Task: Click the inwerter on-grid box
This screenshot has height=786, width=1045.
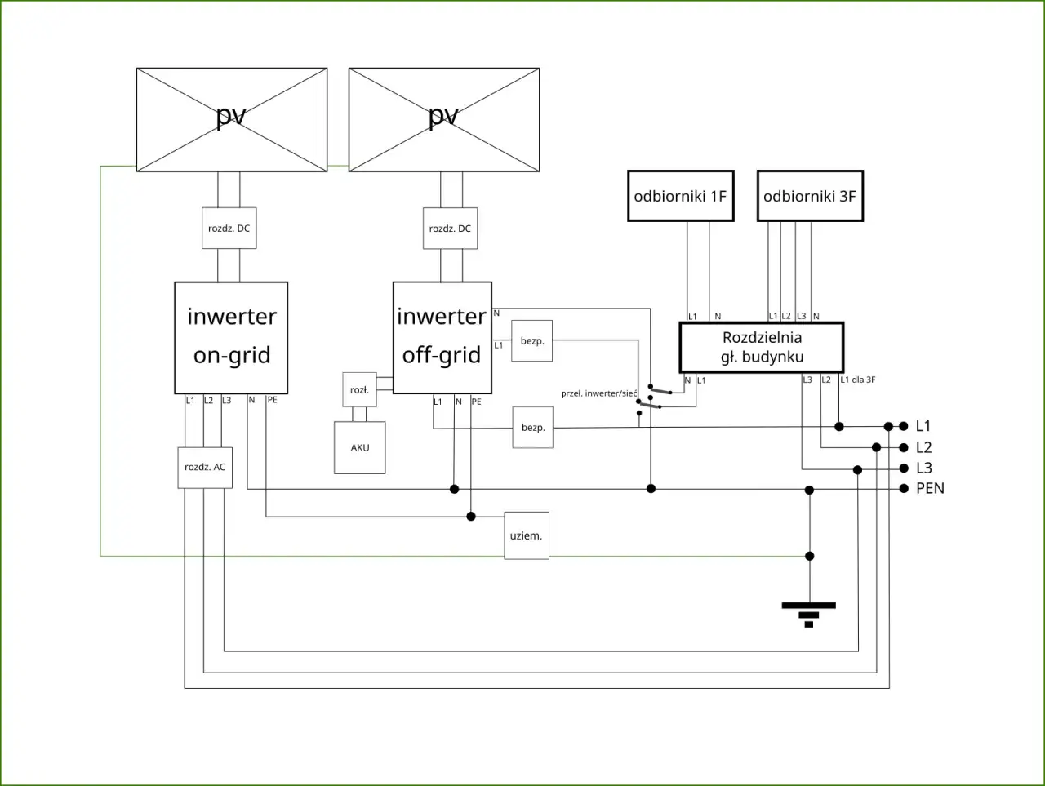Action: coord(231,337)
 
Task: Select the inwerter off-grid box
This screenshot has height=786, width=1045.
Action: coord(442,337)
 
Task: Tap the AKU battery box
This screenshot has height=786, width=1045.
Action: coord(360,447)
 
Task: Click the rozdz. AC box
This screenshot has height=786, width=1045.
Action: coord(205,467)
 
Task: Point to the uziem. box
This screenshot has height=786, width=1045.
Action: coord(527,535)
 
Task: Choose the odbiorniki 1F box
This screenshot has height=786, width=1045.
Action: coord(680,196)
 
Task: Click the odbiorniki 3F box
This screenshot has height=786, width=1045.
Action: coord(810,196)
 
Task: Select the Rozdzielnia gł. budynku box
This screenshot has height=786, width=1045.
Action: coord(761,347)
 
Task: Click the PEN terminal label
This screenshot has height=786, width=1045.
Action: coord(930,488)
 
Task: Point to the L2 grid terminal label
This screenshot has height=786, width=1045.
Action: coord(923,447)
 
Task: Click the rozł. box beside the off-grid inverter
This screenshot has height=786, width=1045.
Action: coord(359,390)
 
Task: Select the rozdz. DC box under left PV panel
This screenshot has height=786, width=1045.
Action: coord(229,229)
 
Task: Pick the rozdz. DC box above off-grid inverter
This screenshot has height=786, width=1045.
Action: coord(450,229)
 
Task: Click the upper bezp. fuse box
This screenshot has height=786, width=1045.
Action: coord(532,340)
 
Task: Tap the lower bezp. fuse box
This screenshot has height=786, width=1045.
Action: coord(533,428)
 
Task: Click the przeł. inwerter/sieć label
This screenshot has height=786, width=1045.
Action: coord(598,393)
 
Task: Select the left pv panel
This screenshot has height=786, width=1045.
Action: coord(232,119)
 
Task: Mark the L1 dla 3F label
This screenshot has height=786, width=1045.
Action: coord(858,380)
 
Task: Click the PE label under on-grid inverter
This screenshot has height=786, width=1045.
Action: coord(272,400)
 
